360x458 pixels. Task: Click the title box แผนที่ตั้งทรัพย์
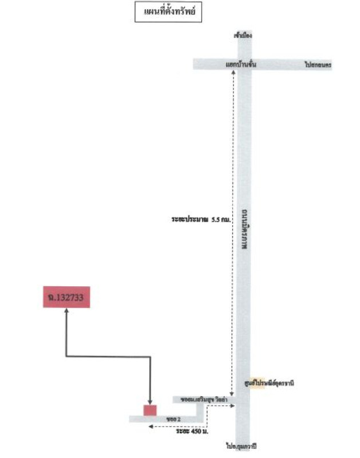tap(169, 12)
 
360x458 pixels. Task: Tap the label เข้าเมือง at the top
tap(243, 35)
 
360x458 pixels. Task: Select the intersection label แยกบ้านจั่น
tap(240, 65)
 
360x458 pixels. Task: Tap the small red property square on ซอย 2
tap(150, 410)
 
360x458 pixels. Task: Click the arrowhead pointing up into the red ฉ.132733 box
tap(66, 311)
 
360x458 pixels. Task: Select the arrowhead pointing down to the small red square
tap(150, 402)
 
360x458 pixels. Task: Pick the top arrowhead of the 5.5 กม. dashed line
tap(234, 74)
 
